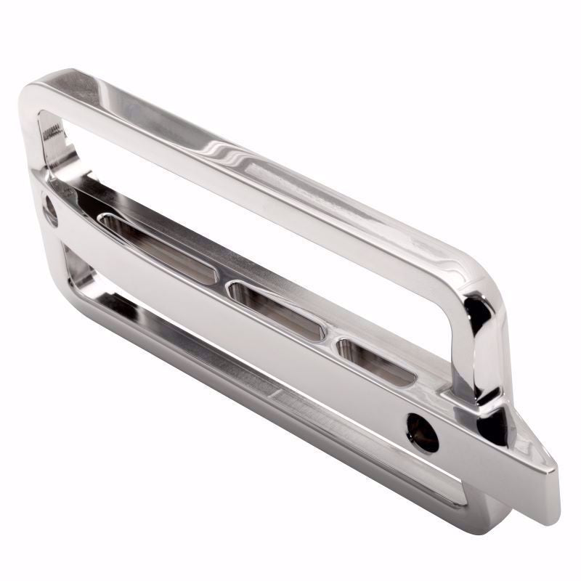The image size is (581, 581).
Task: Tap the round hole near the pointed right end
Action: point(423,431)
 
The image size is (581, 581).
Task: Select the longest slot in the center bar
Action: point(156,247)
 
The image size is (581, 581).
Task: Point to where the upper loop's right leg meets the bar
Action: point(472,396)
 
